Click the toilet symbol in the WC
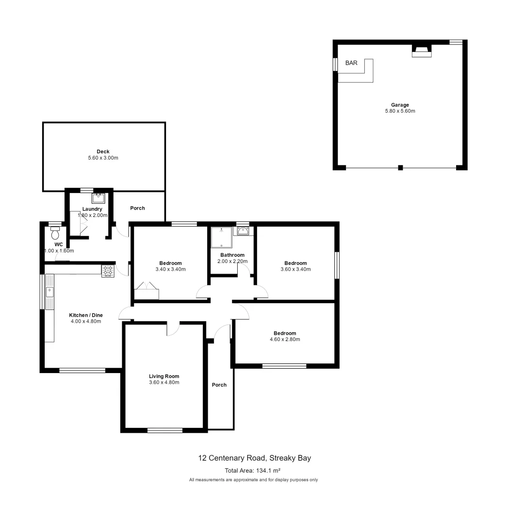[54, 234]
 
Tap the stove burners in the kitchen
[108, 271]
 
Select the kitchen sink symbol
[49, 292]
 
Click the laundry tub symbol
[98, 197]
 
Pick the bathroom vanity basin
[243, 231]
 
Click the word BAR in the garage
[351, 63]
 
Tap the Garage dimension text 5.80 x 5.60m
[400, 111]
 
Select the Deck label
[102, 151]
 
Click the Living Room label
[164, 376]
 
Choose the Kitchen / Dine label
[86, 315]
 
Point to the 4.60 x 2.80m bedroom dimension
[284, 340]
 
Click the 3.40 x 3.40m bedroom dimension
[170, 269]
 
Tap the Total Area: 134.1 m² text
[253, 470]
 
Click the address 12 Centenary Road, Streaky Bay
[254, 458]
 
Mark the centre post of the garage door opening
[400, 168]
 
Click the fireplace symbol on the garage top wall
[421, 51]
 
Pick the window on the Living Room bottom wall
[165, 430]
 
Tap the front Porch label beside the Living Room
[219, 385]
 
